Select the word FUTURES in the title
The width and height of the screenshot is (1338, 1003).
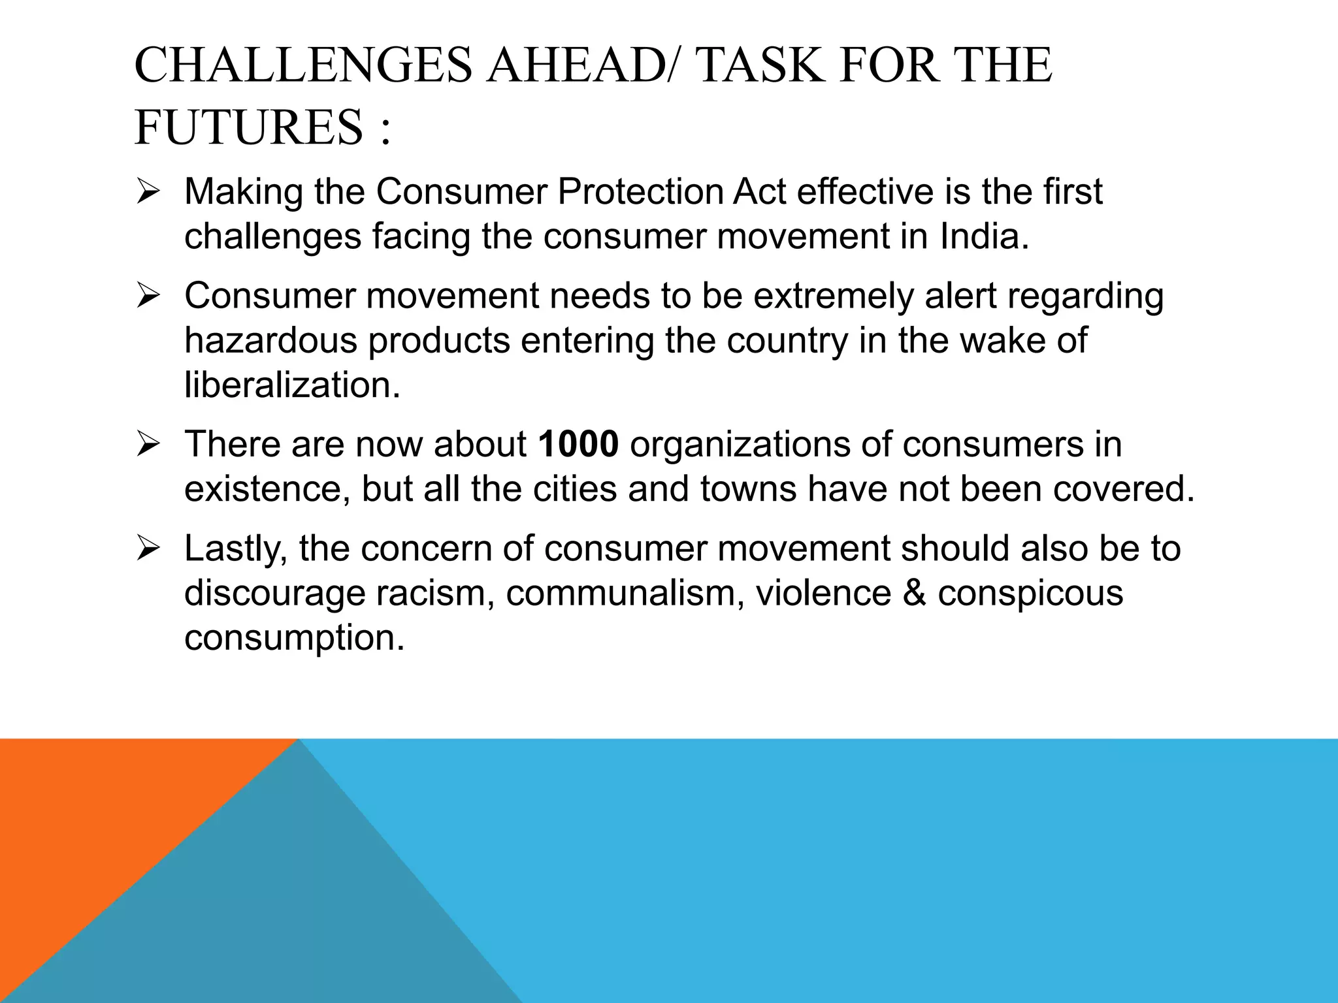(x=248, y=127)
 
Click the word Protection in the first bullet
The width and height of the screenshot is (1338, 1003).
(x=640, y=192)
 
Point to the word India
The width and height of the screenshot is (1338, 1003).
(x=984, y=236)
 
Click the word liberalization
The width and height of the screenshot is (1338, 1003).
(x=292, y=385)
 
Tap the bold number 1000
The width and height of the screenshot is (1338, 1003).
(x=578, y=444)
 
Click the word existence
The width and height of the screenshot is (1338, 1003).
(x=267, y=488)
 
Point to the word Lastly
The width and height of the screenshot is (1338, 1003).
(x=236, y=549)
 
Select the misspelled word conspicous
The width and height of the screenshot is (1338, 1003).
(x=1030, y=593)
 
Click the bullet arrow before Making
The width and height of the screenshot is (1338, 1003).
(x=148, y=193)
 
